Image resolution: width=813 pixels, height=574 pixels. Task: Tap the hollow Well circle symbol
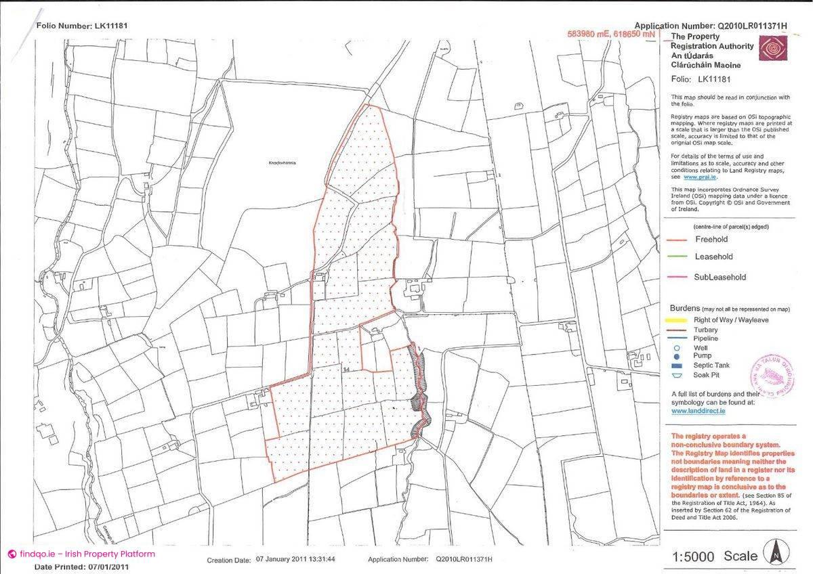(x=677, y=348)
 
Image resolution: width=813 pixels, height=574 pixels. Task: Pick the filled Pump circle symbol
(x=677, y=356)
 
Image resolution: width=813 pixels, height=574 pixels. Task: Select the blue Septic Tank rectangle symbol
(x=677, y=365)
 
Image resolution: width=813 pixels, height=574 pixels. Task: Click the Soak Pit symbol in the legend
(x=677, y=374)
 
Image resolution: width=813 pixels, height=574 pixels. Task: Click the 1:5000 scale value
(x=693, y=557)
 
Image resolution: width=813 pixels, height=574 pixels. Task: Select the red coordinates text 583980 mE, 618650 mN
(x=611, y=34)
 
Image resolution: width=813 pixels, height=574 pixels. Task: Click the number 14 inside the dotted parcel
(x=347, y=370)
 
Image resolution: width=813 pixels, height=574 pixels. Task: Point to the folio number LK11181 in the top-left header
(x=108, y=26)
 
